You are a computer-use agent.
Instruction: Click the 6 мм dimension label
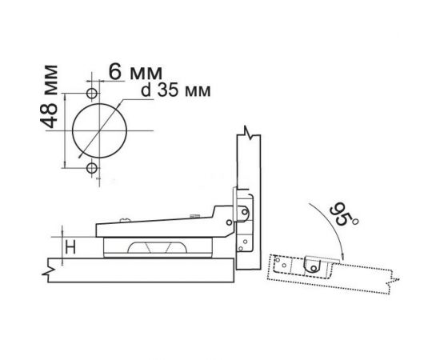[x=135, y=71]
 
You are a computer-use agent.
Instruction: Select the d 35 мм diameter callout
[x=176, y=90]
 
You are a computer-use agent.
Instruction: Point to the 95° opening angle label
[x=343, y=214]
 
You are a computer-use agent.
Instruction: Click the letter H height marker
[x=70, y=247]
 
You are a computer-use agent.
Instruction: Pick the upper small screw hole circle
[x=92, y=93]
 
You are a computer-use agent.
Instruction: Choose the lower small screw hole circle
[x=92, y=169]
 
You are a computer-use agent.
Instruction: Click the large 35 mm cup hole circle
[x=100, y=103]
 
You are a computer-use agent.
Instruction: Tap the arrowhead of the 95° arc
[x=342, y=257]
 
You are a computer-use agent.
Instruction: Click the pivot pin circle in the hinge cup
[x=245, y=213]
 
